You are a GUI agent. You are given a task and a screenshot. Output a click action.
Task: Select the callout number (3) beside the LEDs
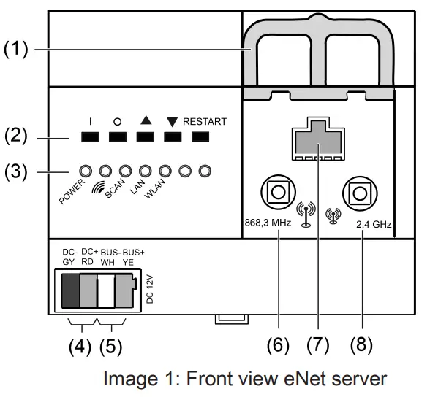coord(16,172)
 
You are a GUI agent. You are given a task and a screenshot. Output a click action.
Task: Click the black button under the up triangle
coord(145,136)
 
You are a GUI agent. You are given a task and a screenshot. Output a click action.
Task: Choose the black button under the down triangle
coord(173,136)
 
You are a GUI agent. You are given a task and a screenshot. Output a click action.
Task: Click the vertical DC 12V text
coord(151,288)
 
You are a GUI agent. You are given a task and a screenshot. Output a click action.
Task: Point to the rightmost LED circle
coord(205,171)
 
